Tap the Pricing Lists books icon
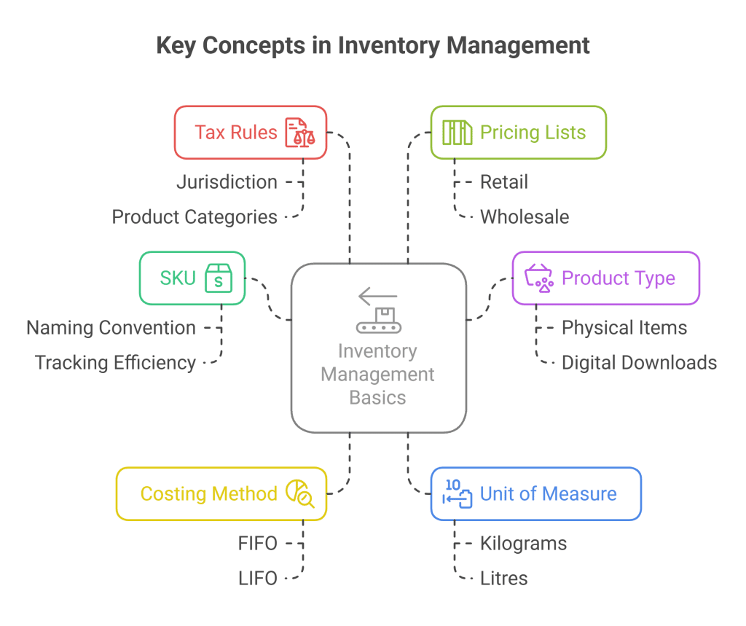(x=458, y=133)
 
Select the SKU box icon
(x=218, y=278)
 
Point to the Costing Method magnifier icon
(x=299, y=493)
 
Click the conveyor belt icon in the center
(x=377, y=310)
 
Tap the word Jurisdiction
(x=227, y=182)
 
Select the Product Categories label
(x=195, y=216)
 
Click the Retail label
(x=503, y=182)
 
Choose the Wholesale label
(x=524, y=216)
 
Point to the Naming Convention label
(x=111, y=328)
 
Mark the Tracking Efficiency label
(x=115, y=362)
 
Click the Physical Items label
(x=624, y=328)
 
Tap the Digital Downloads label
(x=639, y=362)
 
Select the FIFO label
(x=257, y=544)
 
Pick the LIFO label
(x=257, y=578)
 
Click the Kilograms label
(x=522, y=544)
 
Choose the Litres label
(x=503, y=578)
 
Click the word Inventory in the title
(x=376, y=46)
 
